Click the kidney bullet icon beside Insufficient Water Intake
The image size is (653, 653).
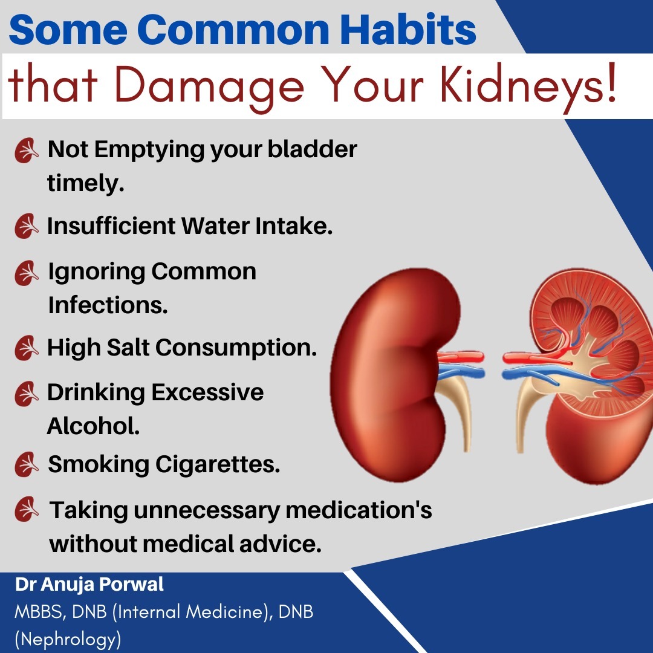coord(27,227)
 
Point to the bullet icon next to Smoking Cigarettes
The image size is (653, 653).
coord(27,465)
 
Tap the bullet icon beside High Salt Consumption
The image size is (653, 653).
coord(27,348)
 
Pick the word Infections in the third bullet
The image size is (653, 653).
coord(107,305)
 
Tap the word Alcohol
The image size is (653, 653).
coord(93,426)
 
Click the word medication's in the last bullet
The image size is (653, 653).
coord(359,510)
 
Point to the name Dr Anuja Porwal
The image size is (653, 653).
coord(89,585)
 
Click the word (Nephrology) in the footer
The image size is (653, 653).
coord(68,638)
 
